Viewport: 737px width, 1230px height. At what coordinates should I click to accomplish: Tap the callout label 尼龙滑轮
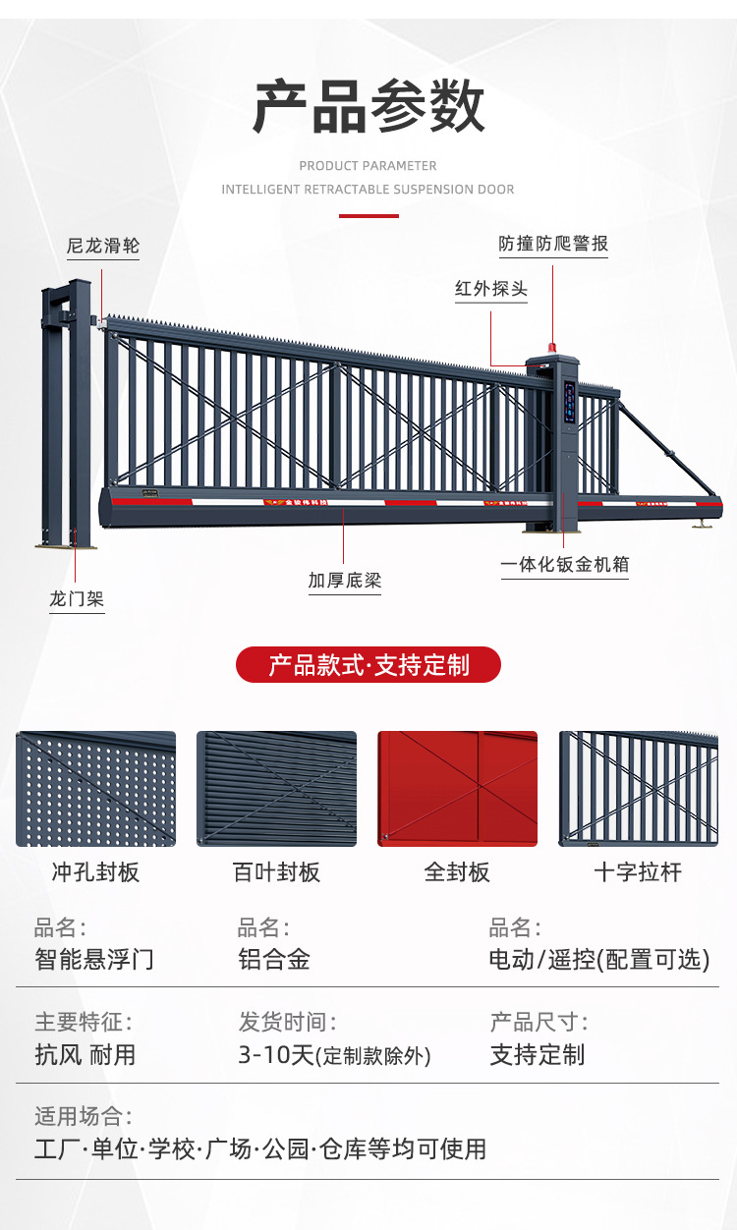tap(103, 246)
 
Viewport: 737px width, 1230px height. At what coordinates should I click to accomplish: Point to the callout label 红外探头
tap(491, 290)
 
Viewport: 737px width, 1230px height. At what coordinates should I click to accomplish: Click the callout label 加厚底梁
tap(344, 581)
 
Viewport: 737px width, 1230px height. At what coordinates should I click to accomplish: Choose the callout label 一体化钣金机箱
tap(565, 565)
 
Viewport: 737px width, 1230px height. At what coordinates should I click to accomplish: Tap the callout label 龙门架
tap(77, 598)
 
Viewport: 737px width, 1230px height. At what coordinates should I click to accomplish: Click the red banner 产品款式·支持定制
tap(368, 665)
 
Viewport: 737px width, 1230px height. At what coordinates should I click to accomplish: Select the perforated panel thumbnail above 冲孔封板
tap(96, 789)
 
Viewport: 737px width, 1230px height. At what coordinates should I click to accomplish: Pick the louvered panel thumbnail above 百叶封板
tap(276, 789)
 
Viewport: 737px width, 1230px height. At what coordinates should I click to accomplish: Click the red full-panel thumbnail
tap(458, 789)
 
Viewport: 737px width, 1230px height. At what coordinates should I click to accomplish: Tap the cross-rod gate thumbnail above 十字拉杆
tap(639, 789)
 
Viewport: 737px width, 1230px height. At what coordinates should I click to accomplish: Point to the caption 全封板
tap(457, 872)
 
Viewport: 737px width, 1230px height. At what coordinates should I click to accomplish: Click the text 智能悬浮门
tap(94, 959)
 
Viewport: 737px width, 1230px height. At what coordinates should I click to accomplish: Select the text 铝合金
tap(274, 959)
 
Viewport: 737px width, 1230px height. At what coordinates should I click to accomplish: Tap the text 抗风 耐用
tap(85, 1055)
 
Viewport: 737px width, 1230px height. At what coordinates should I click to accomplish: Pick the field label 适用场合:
tap(84, 1117)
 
